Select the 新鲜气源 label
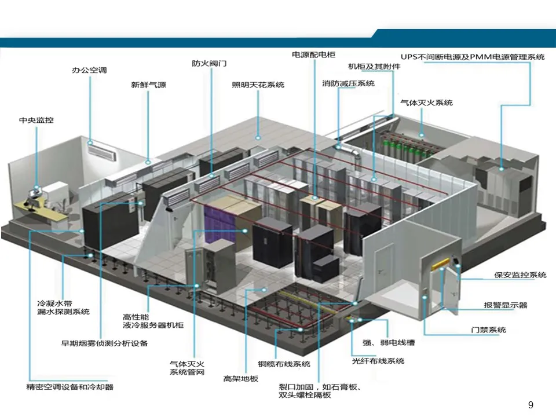[148, 85]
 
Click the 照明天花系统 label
[258, 85]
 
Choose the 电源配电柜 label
[313, 54]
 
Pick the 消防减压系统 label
[348, 83]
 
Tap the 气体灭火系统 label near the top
[426, 103]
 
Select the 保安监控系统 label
[520, 275]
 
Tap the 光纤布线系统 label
[378, 361]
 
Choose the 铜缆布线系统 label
[284, 364]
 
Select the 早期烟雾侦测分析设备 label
[105, 343]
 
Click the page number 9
[531, 405]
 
